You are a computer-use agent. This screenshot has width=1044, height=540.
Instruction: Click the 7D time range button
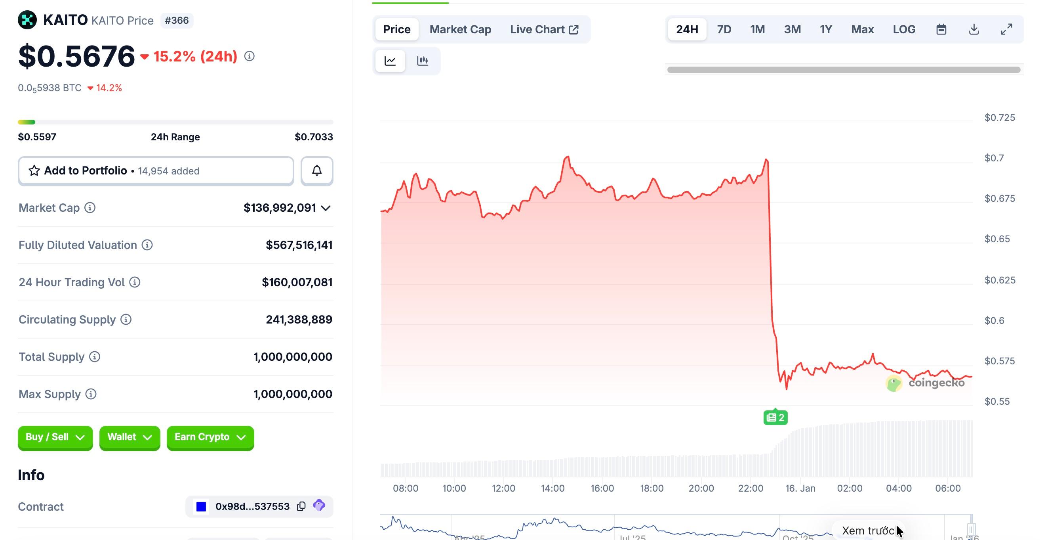tap(724, 29)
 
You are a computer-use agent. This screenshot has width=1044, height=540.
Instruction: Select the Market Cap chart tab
tap(460, 29)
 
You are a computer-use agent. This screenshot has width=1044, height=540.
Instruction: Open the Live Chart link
tap(544, 29)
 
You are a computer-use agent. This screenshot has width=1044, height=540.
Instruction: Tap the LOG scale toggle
tap(904, 29)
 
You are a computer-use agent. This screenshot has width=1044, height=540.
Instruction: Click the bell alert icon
tap(317, 171)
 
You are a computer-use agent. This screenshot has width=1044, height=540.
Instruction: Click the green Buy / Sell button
tap(55, 437)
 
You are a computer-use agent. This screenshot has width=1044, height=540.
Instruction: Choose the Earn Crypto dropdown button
tap(210, 437)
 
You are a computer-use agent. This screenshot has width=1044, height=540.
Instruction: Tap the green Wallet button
tap(129, 437)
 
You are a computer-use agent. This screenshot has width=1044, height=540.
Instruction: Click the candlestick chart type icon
tap(422, 61)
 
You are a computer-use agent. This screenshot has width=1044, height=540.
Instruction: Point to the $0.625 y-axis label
tap(1000, 280)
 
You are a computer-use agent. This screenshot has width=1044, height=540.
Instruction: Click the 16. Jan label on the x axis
tap(800, 488)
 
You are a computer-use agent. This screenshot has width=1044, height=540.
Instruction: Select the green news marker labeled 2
tap(775, 417)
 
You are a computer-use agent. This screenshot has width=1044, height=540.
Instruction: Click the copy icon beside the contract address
tap(301, 506)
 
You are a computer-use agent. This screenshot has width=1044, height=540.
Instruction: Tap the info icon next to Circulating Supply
tap(126, 320)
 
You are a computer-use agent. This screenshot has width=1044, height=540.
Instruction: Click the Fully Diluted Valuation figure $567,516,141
tap(299, 245)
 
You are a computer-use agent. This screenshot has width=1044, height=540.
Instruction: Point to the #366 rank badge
tap(177, 20)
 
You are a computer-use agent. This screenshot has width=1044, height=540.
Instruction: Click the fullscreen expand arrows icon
tap(1006, 29)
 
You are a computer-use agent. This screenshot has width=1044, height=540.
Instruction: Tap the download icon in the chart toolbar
tap(974, 29)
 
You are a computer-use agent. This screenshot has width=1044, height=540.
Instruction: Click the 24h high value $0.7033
tap(314, 137)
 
